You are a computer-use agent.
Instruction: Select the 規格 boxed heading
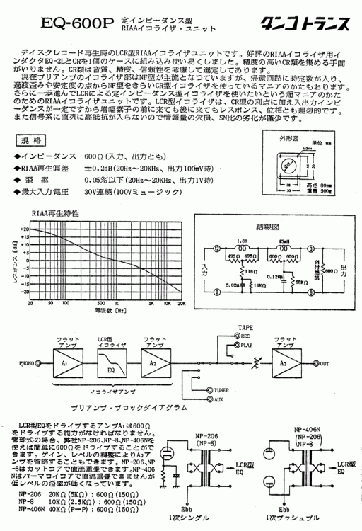(33, 140)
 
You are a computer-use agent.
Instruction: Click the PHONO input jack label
(30, 365)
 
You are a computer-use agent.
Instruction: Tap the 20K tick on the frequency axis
(182, 302)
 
